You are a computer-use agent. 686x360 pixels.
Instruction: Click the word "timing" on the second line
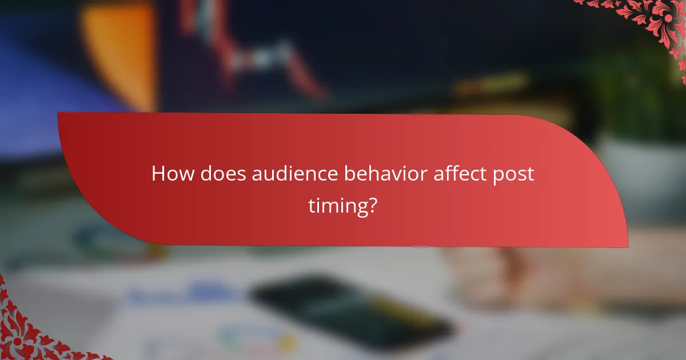(337, 205)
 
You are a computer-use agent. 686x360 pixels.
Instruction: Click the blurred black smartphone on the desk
(349, 311)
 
